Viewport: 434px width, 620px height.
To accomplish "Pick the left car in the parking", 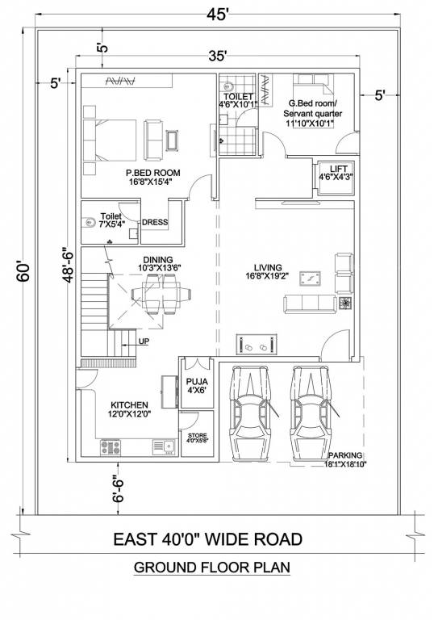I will click(x=251, y=413).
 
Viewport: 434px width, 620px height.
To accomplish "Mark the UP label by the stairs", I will click(x=144, y=341).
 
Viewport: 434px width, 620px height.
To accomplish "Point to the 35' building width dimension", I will click(x=216, y=56).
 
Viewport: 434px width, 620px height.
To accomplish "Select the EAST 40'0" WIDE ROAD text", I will click(x=207, y=538).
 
